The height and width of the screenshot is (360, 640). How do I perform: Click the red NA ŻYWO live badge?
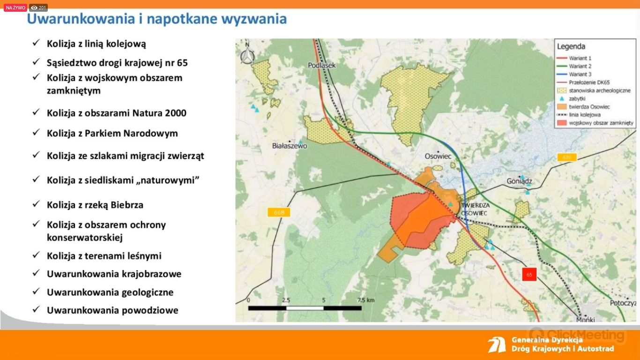[x=15, y=7]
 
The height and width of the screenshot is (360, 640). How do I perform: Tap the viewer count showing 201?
[x=38, y=7]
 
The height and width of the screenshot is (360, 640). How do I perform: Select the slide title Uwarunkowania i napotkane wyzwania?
[x=157, y=19]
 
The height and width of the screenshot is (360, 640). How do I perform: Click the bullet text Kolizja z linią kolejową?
[x=97, y=44]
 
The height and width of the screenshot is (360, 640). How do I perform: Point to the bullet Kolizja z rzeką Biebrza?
[x=95, y=205]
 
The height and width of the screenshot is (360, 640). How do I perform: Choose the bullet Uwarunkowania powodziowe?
[x=112, y=310]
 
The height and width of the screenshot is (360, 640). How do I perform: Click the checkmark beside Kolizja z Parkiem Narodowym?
[x=36, y=132]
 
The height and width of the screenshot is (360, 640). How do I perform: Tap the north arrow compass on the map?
[x=247, y=53]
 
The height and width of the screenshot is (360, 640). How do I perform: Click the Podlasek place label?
[x=322, y=66]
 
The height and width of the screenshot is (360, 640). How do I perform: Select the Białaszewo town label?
[x=290, y=146]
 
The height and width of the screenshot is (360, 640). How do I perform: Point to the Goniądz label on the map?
[x=519, y=181]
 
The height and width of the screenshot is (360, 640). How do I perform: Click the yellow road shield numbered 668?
[x=279, y=212]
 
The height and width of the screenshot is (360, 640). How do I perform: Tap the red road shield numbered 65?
[x=529, y=275]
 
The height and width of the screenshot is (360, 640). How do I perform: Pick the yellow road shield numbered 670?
[x=567, y=157]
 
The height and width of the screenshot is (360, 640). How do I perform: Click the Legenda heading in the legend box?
[x=571, y=46]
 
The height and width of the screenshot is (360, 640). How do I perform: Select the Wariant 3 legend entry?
[x=574, y=75]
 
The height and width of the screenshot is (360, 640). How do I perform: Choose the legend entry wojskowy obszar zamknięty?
[x=595, y=123]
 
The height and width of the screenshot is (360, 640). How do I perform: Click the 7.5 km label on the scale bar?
[x=366, y=300]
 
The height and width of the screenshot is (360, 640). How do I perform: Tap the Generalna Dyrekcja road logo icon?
[x=497, y=345]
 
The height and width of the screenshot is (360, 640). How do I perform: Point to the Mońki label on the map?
[x=586, y=320]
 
